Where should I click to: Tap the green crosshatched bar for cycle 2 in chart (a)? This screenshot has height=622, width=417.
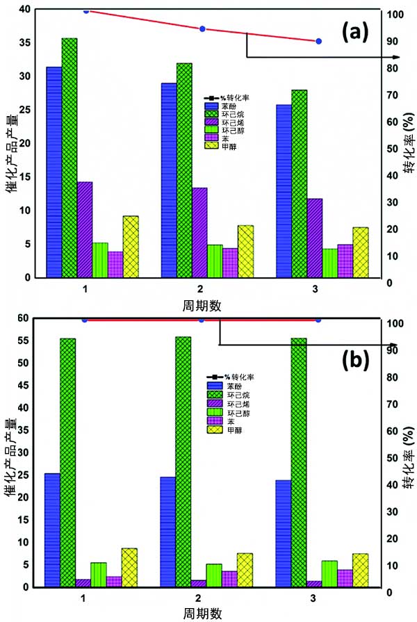pos(185,170)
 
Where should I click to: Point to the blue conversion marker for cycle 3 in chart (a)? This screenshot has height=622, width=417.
pos(318,42)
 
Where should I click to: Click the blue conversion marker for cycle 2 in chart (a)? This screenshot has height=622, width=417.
pos(202,29)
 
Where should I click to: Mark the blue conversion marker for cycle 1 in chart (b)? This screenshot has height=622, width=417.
pos(85,320)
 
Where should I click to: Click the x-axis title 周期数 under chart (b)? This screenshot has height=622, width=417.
pos(202,613)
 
